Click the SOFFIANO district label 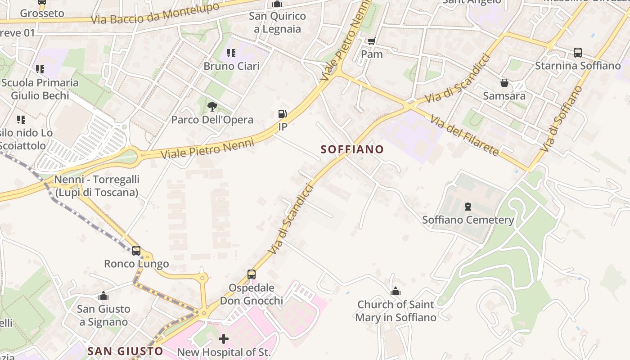pos(352,149)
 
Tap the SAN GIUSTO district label pos(125,351)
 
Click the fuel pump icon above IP pos(283,114)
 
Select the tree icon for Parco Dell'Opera pos(212,107)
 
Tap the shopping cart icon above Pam pos(371,41)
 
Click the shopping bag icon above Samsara pos(504,83)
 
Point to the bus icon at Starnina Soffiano pos(578,53)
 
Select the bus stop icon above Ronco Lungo pos(136,251)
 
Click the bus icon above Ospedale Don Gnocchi pos(252,274)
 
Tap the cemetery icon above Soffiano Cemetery pos(468,207)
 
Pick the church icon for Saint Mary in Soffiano pos(396,292)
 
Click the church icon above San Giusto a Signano pos(103,296)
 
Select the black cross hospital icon pos(224,338)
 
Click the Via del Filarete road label pos(464,135)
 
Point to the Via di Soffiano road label pos(561,118)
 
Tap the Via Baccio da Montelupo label pos(155,14)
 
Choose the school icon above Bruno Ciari pos(231,53)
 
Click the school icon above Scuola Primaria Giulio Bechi pos(40,69)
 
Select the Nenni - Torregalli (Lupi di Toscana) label pos(97,186)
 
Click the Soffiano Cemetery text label pos(468,220)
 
